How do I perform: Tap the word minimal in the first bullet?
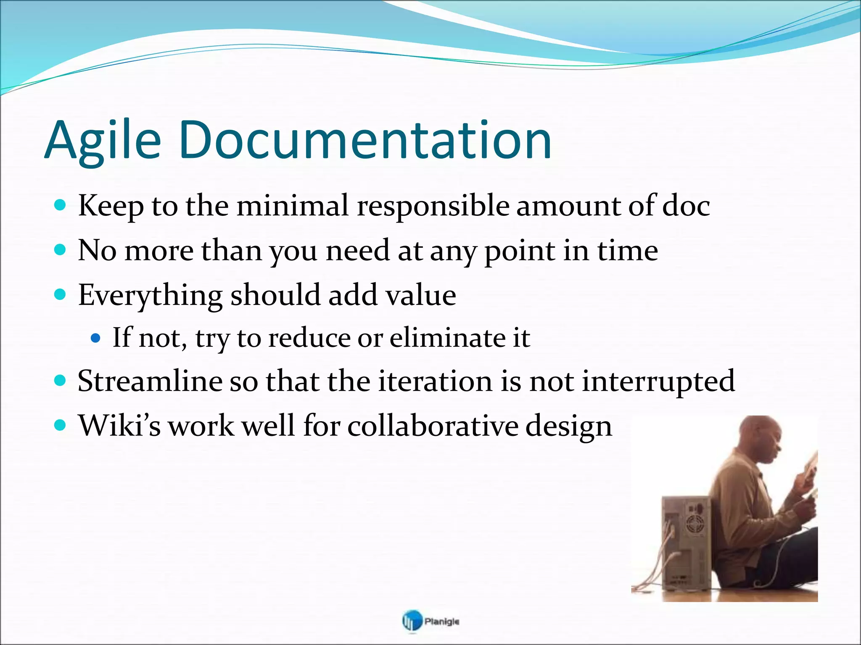click(293, 206)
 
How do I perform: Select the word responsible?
click(433, 206)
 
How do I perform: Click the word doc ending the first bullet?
click(686, 206)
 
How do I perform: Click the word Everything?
click(150, 295)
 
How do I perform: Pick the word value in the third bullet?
click(421, 295)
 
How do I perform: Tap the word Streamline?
click(150, 381)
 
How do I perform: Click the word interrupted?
click(658, 381)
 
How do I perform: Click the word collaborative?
click(433, 426)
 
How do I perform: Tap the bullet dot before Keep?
click(61, 205)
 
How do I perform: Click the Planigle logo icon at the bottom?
click(411, 621)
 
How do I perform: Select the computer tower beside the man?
click(685, 546)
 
